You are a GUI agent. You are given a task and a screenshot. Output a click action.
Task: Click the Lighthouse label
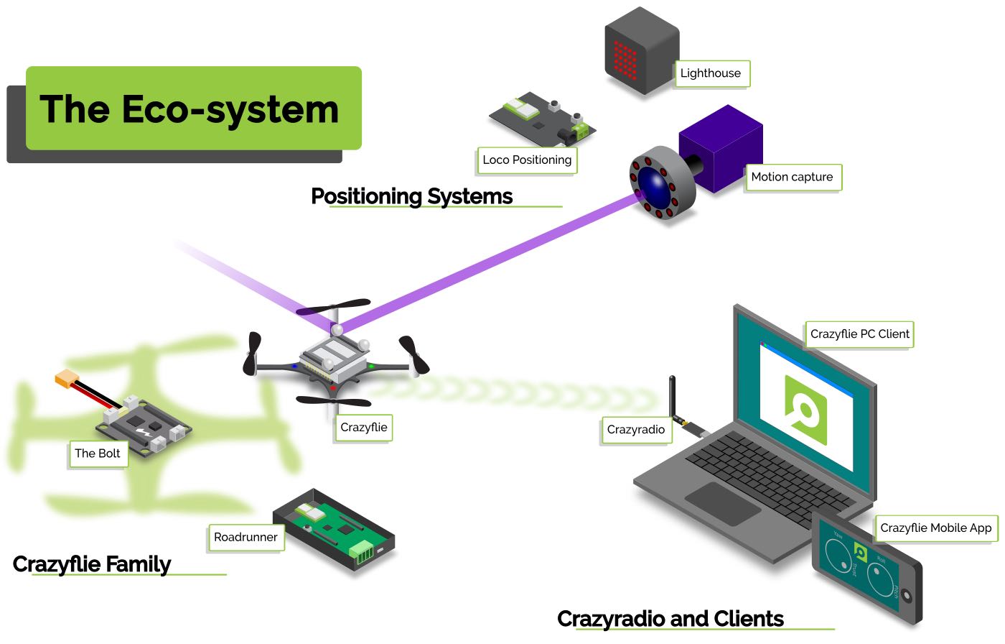click(x=711, y=73)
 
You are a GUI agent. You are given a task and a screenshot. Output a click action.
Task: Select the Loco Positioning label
click(x=527, y=160)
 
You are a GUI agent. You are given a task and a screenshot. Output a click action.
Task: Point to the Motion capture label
click(x=792, y=178)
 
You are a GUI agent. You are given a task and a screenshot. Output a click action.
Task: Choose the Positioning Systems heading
click(x=411, y=196)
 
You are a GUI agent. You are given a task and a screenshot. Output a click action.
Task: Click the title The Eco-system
click(x=190, y=109)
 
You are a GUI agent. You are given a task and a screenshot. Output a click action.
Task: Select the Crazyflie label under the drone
click(x=364, y=428)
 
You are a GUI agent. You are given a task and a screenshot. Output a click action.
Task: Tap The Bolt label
click(x=98, y=454)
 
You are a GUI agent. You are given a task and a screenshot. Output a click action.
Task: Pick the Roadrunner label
click(x=246, y=538)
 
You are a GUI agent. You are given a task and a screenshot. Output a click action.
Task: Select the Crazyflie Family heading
click(x=92, y=564)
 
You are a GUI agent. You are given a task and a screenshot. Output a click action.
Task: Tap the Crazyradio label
click(x=636, y=430)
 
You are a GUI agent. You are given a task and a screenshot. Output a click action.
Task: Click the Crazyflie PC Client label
click(x=859, y=334)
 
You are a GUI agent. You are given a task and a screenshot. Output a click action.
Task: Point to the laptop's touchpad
click(x=723, y=502)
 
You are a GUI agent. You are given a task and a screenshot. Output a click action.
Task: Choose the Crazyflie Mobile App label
click(x=935, y=528)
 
